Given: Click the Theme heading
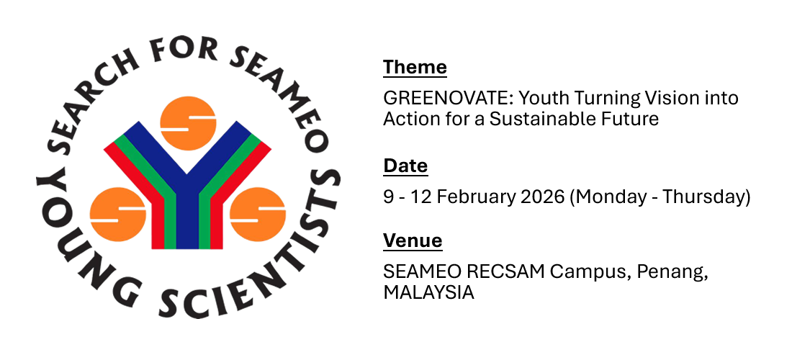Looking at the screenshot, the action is (x=415, y=67).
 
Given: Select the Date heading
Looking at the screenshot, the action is (x=405, y=166).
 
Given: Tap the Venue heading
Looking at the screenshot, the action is (x=413, y=240).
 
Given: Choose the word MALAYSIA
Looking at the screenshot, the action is (x=429, y=293).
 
